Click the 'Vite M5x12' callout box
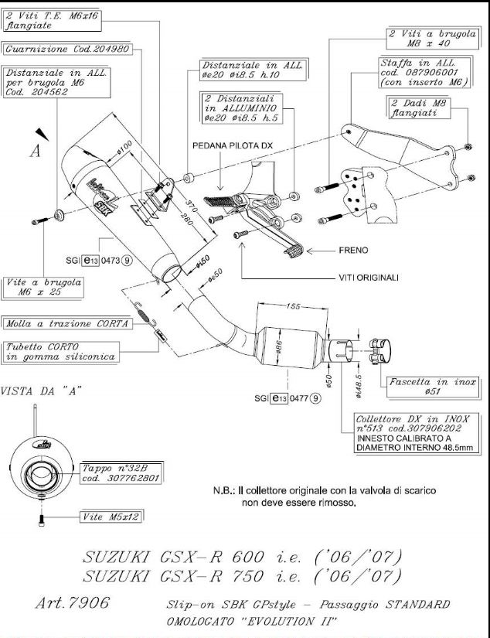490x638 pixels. (111, 516)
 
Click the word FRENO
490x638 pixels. (355, 251)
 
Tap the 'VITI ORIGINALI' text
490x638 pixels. (369, 278)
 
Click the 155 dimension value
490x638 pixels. (291, 307)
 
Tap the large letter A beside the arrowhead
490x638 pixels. (35, 151)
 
